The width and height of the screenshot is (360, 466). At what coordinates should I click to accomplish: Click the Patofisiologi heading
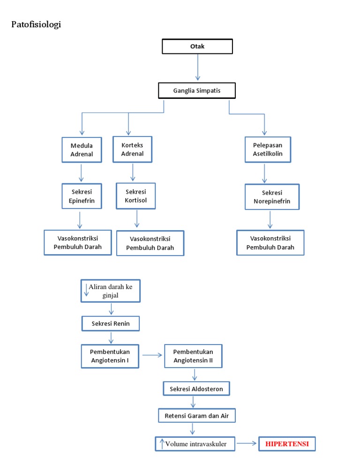click(x=36, y=24)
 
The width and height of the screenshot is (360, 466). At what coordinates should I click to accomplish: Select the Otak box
click(x=197, y=46)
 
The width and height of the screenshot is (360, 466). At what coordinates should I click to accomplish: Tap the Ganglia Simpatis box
click(x=197, y=90)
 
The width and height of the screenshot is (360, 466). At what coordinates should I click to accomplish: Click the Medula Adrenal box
click(x=82, y=150)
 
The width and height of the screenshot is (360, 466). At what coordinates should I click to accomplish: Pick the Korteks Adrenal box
click(x=132, y=149)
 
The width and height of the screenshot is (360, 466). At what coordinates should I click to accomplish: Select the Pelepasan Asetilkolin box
click(x=268, y=150)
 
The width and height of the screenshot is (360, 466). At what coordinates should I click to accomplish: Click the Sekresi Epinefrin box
click(x=82, y=196)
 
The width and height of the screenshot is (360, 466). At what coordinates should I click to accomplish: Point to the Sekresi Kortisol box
click(x=136, y=196)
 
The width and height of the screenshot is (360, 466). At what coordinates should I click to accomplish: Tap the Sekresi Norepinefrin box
click(x=272, y=197)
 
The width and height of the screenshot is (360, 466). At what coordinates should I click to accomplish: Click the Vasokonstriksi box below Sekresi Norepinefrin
click(x=270, y=242)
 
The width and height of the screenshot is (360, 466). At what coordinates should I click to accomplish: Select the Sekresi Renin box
click(x=111, y=323)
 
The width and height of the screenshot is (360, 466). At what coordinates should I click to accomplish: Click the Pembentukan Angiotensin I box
click(x=111, y=356)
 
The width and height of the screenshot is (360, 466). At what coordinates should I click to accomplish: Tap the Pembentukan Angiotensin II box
click(x=193, y=356)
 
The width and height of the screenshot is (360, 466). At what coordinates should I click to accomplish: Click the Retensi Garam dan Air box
click(x=196, y=415)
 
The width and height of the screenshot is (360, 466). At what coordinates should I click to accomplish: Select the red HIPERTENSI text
click(x=287, y=443)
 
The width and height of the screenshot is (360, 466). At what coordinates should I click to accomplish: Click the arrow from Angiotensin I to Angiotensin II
click(x=151, y=355)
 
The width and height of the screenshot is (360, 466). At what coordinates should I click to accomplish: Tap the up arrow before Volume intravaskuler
click(x=162, y=443)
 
